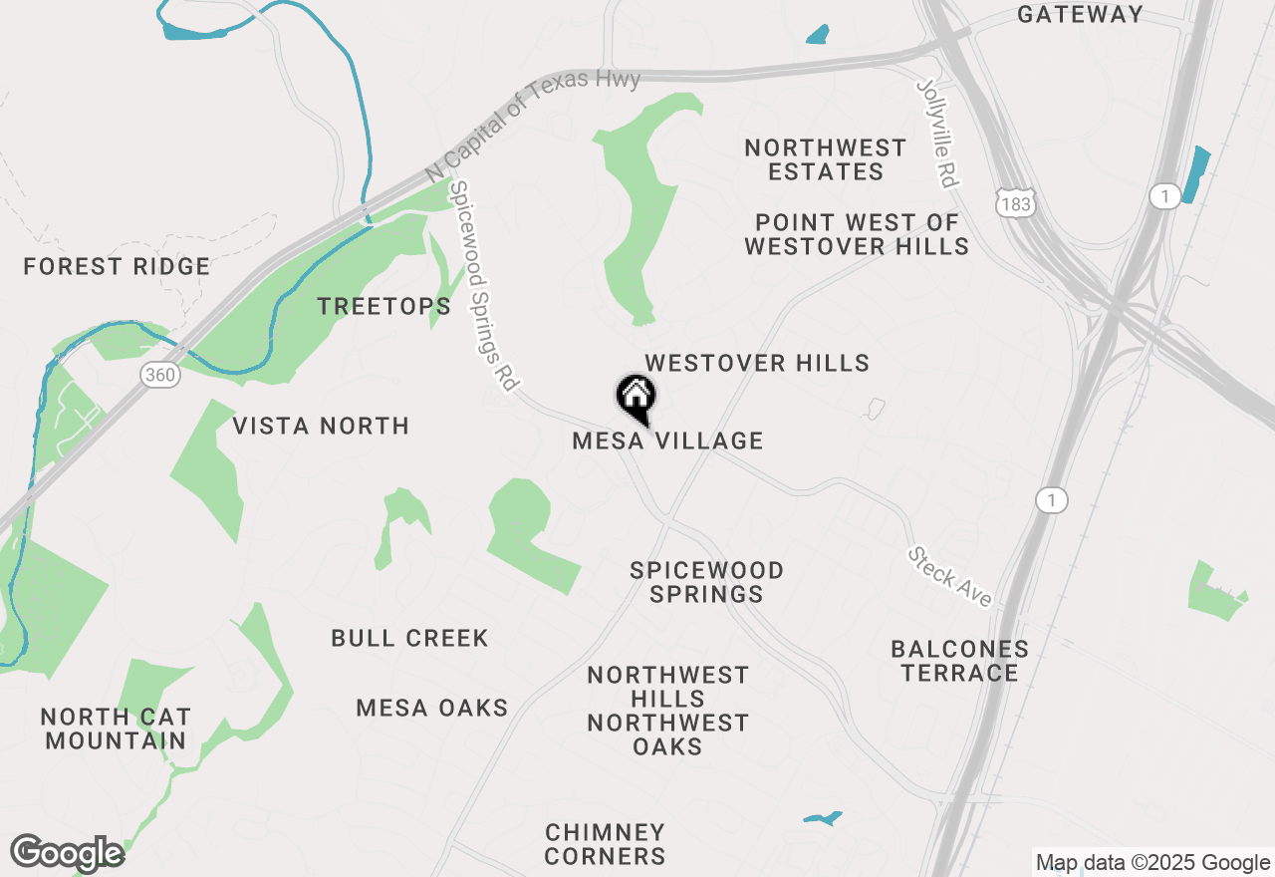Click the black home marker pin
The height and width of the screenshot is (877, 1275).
tap(636, 398)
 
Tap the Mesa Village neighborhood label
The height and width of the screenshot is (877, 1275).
tap(667, 440)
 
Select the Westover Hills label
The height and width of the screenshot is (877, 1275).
tap(757, 363)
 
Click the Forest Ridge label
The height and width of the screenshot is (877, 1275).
tap(117, 267)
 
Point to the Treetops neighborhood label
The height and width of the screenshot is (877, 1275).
tap(384, 306)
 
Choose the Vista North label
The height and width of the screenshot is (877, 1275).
tap(321, 427)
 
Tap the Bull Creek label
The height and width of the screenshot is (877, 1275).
tap(410, 638)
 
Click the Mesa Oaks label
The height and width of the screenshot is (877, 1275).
tap(432, 709)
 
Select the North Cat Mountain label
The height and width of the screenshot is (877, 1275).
tap(116, 729)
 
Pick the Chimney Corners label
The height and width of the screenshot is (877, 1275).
tap(606, 844)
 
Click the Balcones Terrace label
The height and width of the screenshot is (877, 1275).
tap(960, 661)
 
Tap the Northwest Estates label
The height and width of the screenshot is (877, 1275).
tap(826, 159)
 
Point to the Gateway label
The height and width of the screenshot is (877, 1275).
tap(1080, 14)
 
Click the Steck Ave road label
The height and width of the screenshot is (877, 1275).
tap(950, 577)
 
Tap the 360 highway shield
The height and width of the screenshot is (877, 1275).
tap(159, 375)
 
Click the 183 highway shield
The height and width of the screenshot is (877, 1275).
tap(1017, 203)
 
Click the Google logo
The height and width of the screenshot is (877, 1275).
tap(67, 853)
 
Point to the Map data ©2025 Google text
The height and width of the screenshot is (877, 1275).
tap(1152, 863)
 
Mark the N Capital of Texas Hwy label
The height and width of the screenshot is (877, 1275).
tap(532, 125)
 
